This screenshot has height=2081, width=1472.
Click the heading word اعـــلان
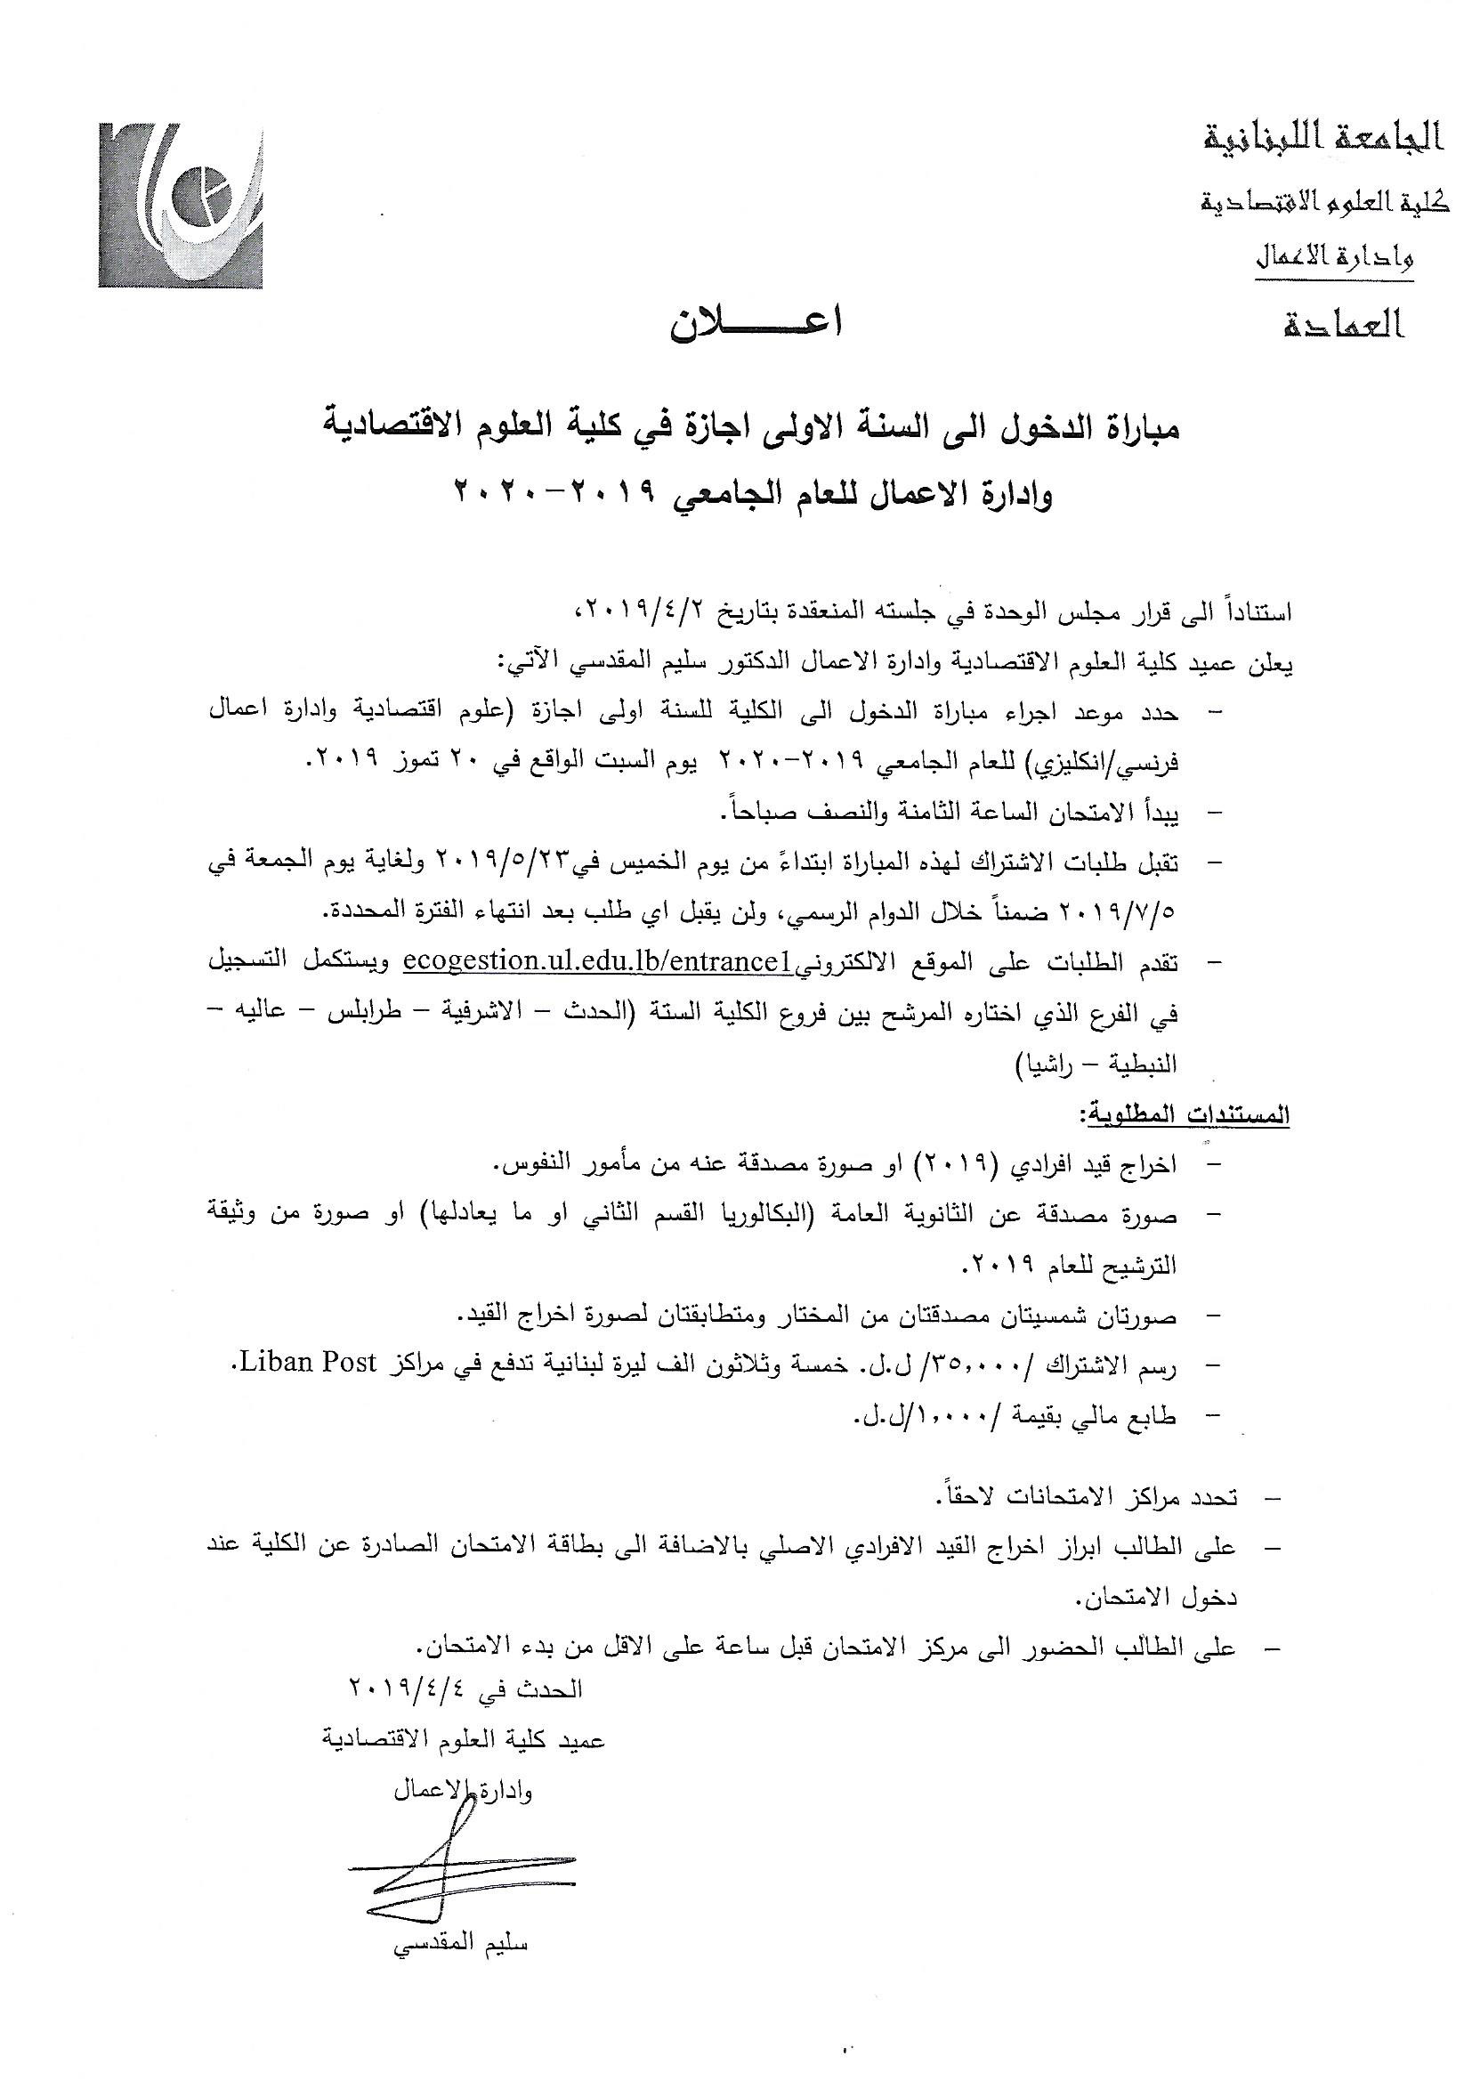coord(756,325)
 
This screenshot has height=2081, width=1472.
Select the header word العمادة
coord(1341,323)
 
